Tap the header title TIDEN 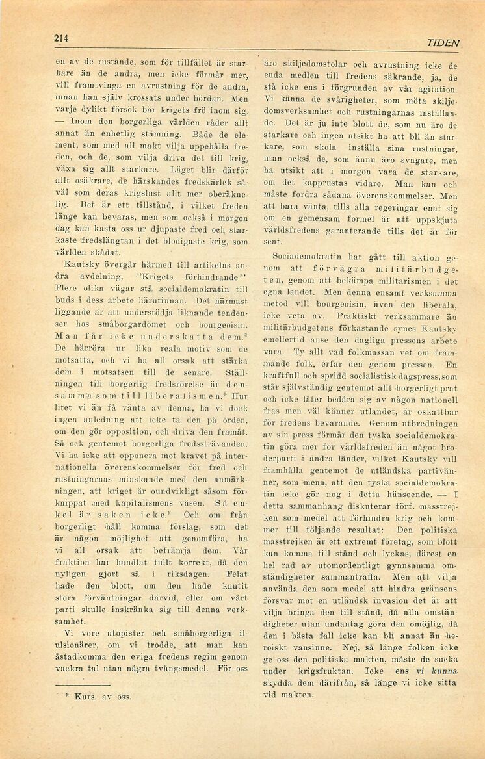click(443, 43)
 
